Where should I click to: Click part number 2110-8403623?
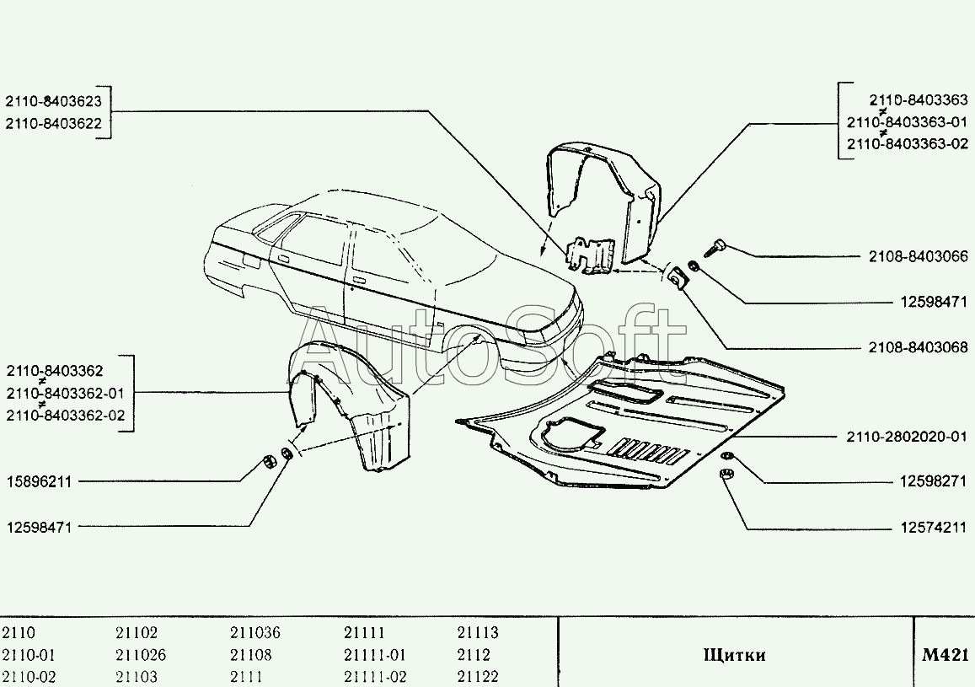pyautogui.click(x=54, y=101)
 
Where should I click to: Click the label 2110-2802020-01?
pyautogui.click(x=907, y=437)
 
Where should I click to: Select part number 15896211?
pyautogui.click(x=39, y=482)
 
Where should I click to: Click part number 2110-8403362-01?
pyautogui.click(x=65, y=393)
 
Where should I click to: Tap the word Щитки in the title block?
pyautogui.click(x=734, y=655)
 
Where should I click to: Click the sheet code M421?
pyautogui.click(x=946, y=655)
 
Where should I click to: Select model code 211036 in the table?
pyautogui.click(x=254, y=633)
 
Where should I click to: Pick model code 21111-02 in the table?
pyautogui.click(x=375, y=677)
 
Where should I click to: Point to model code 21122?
pyautogui.click(x=478, y=677)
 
